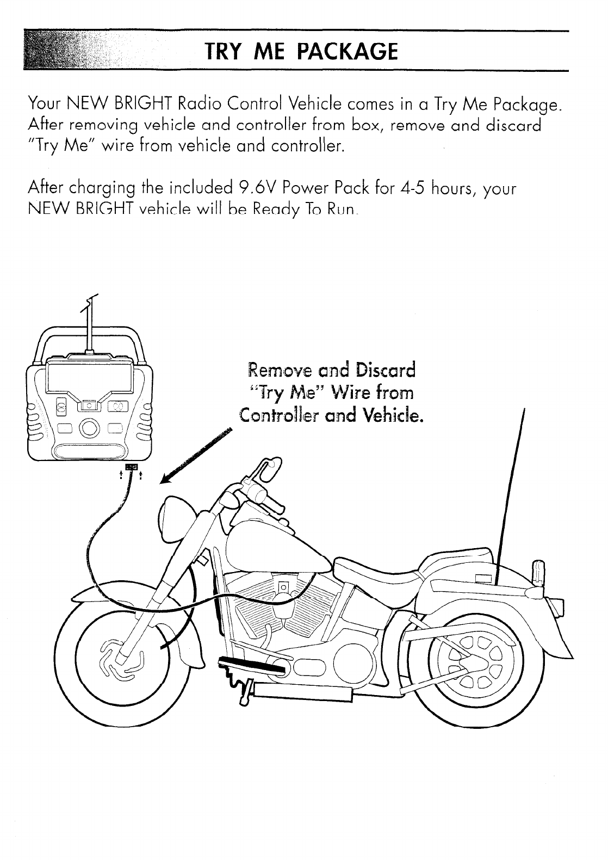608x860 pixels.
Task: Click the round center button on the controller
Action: pyautogui.click(x=89, y=426)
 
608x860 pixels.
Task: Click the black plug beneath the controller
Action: pyautogui.click(x=132, y=468)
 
